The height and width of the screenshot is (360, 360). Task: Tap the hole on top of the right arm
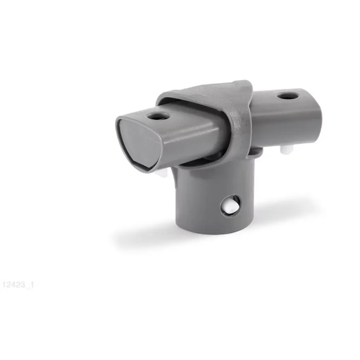click(287, 96)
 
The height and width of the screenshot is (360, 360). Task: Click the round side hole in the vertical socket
click(231, 206)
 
